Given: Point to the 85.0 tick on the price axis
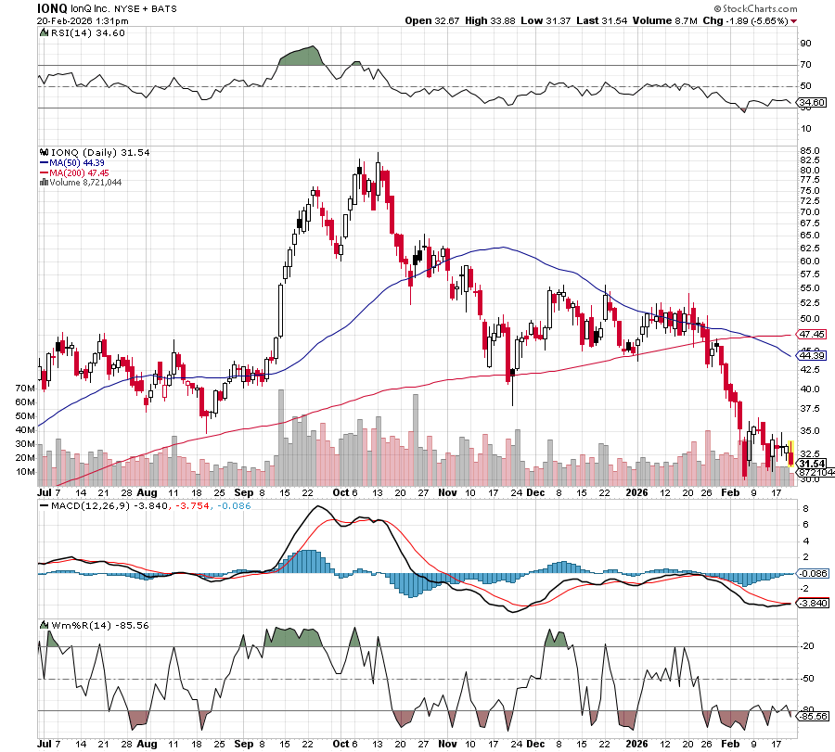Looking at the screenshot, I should (x=808, y=150).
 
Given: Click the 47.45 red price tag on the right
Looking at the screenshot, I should (x=812, y=334).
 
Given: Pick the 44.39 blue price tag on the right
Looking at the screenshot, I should (x=812, y=355).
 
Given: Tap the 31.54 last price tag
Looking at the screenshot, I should (x=812, y=464).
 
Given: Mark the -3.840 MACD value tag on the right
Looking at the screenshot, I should (x=812, y=604).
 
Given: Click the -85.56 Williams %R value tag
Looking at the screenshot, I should (x=812, y=716).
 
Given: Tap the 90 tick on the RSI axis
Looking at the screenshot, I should (x=806, y=43).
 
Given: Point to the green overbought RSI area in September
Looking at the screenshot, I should (x=300, y=57).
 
